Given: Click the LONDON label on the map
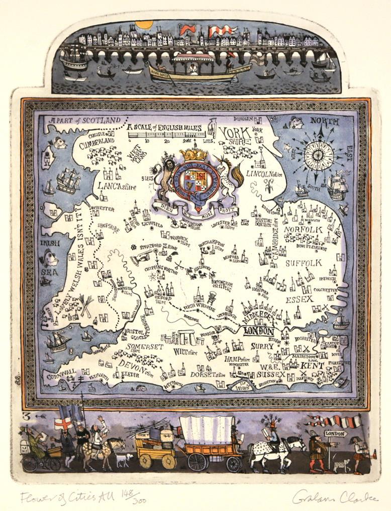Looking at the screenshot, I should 259,332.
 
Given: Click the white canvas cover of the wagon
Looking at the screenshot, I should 207,430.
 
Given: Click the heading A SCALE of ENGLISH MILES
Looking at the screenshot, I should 164,128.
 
